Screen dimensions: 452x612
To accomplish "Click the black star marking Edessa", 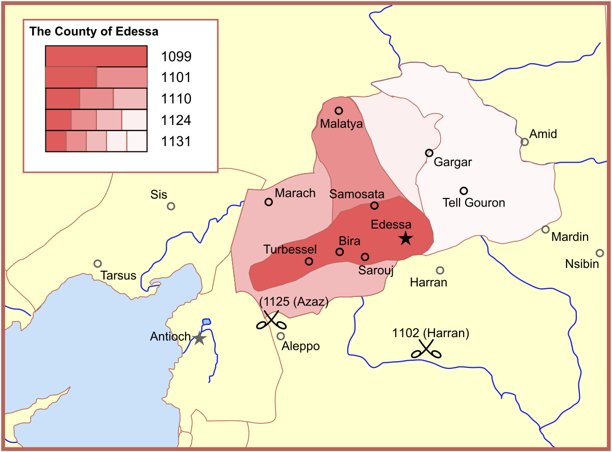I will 405,238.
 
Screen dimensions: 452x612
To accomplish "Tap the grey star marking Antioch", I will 199,338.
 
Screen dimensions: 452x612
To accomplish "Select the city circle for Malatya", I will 339,111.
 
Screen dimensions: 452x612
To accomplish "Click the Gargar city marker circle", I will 429,153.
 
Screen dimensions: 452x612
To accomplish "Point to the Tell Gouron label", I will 473,203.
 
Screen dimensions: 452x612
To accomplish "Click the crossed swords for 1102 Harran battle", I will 426,349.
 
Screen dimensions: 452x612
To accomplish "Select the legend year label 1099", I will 176,56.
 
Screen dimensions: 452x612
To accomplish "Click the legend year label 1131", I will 176,141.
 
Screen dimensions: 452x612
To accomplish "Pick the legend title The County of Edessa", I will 94,32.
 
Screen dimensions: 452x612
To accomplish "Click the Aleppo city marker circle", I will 280,336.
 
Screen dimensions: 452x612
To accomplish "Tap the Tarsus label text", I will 118,276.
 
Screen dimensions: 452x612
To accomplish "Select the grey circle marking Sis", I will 171,206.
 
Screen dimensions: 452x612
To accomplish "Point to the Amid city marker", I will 524,142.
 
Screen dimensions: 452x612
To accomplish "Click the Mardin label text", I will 570,237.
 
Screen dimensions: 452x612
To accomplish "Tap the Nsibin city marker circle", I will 600,253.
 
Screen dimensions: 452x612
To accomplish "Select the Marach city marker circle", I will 269,202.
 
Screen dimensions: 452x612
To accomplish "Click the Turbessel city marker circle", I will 309,262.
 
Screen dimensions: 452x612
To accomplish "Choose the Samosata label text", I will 356,194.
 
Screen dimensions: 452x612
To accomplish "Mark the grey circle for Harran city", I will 440,270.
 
